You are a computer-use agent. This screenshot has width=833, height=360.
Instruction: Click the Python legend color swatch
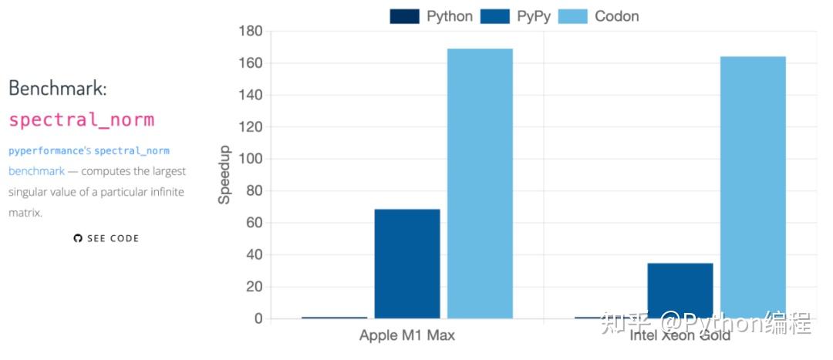coord(405,16)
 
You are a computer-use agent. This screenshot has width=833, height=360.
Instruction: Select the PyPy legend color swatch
coord(495,16)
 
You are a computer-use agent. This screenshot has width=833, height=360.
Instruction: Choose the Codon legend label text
coord(616,16)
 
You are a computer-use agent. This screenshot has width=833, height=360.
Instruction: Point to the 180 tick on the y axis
coord(250,32)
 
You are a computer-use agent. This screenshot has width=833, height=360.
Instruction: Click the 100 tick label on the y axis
coord(250,160)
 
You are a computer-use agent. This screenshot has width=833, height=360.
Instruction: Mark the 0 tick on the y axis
coord(258,319)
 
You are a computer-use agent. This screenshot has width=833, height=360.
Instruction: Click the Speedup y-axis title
coord(224,174)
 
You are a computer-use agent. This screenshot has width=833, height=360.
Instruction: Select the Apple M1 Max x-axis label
coord(407,336)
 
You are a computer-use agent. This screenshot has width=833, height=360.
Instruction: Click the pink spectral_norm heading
coord(82,120)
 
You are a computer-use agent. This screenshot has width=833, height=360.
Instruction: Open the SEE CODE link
coord(113,239)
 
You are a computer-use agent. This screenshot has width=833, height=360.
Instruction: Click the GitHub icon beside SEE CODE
coord(77,239)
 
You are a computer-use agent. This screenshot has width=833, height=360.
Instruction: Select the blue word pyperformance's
coord(50,150)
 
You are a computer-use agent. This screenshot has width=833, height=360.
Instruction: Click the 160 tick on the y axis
coord(250,63)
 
